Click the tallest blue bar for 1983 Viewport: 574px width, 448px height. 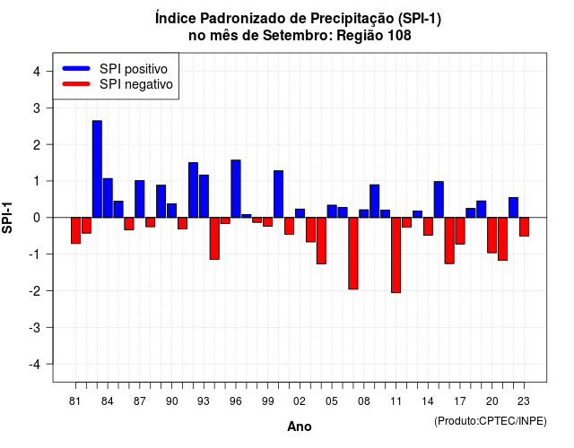97,169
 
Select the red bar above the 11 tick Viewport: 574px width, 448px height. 396,254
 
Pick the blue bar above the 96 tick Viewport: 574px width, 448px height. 236,189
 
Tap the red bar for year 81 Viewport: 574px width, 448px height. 75,230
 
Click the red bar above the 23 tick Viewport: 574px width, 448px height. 524,227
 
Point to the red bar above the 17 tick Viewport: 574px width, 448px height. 460,231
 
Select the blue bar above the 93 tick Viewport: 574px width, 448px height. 204,196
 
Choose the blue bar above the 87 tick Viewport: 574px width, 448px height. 140,199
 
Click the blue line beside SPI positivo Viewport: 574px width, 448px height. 76,68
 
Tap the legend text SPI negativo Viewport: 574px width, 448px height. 136,84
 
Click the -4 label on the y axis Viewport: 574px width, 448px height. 35,365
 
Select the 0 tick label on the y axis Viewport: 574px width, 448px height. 36,218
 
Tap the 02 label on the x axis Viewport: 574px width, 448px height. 300,401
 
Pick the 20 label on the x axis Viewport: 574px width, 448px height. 492,401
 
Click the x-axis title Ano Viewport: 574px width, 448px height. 300,426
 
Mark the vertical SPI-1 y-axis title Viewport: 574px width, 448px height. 7,218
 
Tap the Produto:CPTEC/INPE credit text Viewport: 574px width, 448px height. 491,421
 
